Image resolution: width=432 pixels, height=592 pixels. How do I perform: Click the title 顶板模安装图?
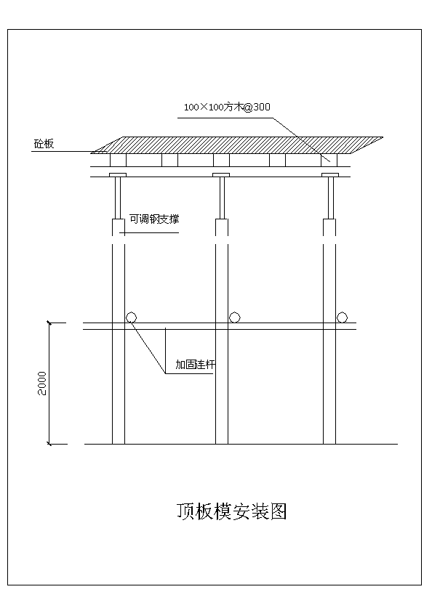click(232, 512)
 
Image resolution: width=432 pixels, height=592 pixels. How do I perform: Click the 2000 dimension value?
click(42, 384)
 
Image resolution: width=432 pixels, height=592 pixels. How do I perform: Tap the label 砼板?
click(44, 144)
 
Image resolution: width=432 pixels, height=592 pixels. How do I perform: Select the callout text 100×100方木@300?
click(227, 107)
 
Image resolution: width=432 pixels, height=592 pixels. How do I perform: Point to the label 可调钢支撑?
click(154, 219)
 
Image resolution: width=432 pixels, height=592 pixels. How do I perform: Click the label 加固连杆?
click(196, 365)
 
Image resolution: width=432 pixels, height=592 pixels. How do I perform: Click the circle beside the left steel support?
click(131, 317)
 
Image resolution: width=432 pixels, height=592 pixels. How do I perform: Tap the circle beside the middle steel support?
click(235, 317)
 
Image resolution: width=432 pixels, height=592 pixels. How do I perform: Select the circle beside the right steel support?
click(342, 317)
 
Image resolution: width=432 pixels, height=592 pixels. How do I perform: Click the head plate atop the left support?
click(118, 175)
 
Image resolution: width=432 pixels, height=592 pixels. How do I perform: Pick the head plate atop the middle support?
click(221, 175)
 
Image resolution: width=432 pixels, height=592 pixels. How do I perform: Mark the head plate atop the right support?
click(330, 175)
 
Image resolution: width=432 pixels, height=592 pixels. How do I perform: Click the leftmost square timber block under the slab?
click(118, 160)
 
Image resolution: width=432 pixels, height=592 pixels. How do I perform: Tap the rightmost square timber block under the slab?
click(329, 160)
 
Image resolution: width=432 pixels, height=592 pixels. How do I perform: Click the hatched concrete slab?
click(237, 145)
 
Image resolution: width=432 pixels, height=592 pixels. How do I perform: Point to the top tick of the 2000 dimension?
click(49, 323)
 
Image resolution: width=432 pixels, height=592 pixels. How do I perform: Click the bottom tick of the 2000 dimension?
click(49, 444)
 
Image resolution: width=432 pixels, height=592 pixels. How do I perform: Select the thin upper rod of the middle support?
click(222, 198)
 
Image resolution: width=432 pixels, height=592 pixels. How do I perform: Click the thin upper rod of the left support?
click(118, 198)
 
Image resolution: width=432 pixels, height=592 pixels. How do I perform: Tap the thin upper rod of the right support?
click(331, 198)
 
